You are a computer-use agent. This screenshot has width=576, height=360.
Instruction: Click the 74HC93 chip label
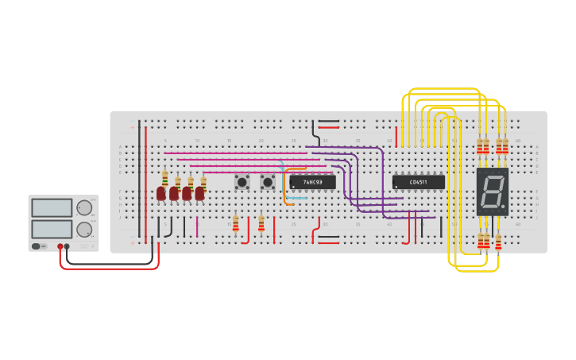click(x=312, y=182)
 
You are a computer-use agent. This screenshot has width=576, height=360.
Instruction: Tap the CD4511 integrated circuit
click(x=418, y=182)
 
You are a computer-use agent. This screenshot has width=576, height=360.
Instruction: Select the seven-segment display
click(x=492, y=192)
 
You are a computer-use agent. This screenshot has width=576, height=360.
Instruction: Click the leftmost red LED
click(x=161, y=193)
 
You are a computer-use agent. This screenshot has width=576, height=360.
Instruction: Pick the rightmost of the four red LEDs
click(x=199, y=193)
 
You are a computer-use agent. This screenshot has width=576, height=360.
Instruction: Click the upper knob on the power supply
click(x=83, y=208)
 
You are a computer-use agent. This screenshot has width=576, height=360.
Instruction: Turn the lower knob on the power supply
click(x=83, y=230)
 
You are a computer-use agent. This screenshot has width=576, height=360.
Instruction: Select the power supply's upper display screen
click(x=52, y=208)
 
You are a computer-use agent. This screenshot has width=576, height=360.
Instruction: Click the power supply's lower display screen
click(x=52, y=229)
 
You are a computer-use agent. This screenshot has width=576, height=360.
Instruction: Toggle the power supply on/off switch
click(x=38, y=246)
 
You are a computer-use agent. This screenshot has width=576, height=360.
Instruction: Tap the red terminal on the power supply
click(x=60, y=246)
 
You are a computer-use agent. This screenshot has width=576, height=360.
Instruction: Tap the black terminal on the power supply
click(x=67, y=246)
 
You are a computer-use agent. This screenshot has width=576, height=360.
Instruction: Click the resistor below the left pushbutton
click(x=235, y=223)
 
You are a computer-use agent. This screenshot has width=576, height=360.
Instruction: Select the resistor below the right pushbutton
click(x=261, y=223)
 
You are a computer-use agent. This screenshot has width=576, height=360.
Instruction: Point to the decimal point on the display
click(x=503, y=207)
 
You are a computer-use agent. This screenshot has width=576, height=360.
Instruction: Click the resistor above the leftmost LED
click(x=164, y=178)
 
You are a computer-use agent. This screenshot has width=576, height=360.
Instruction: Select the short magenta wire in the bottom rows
click(x=197, y=226)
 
